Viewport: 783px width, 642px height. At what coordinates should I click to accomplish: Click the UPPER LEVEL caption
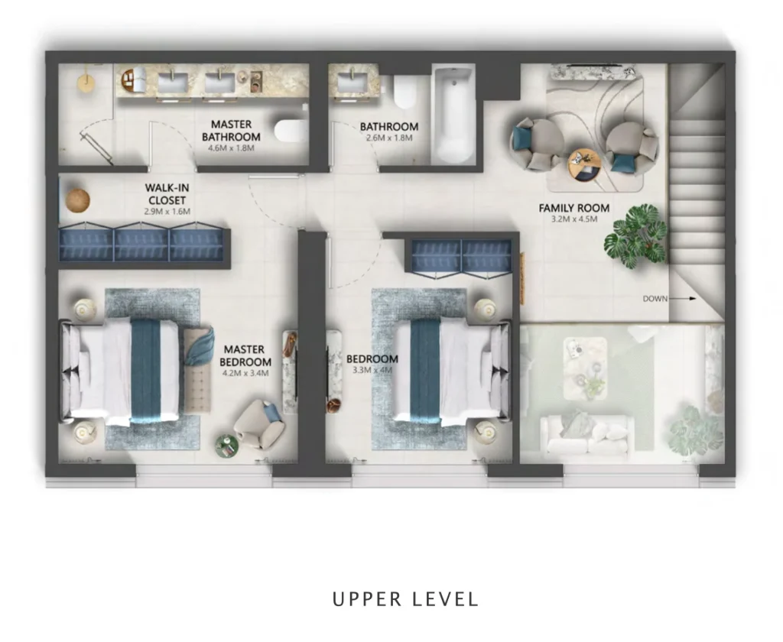click(405, 598)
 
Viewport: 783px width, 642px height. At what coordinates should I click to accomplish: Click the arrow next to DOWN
click(685, 299)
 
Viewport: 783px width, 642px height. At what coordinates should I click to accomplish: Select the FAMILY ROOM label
click(573, 208)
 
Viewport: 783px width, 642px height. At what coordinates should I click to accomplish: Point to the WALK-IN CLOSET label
click(167, 193)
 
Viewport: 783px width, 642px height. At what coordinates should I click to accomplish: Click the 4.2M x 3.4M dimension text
click(245, 374)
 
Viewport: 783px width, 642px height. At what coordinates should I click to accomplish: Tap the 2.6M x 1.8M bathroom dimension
click(388, 139)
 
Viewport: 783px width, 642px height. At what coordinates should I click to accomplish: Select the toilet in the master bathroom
click(291, 131)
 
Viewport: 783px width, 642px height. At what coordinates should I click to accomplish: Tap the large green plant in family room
click(636, 235)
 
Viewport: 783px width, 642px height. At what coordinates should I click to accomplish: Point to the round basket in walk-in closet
click(77, 199)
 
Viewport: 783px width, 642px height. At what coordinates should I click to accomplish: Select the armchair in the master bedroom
click(258, 424)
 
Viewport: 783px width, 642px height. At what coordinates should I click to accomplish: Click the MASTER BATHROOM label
click(231, 130)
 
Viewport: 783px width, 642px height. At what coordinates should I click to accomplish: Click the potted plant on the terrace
click(694, 430)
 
